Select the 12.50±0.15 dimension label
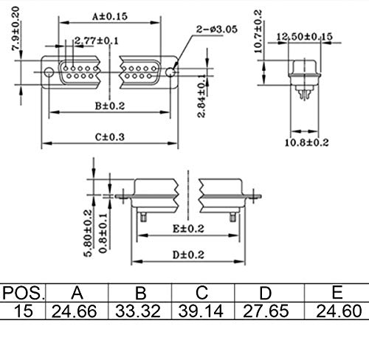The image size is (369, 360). click(304, 36)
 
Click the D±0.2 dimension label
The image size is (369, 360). click(188, 255)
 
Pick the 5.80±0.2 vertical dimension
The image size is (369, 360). click(88, 233)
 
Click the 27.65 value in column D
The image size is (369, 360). click(266, 312)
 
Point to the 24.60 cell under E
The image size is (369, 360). click(337, 312)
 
